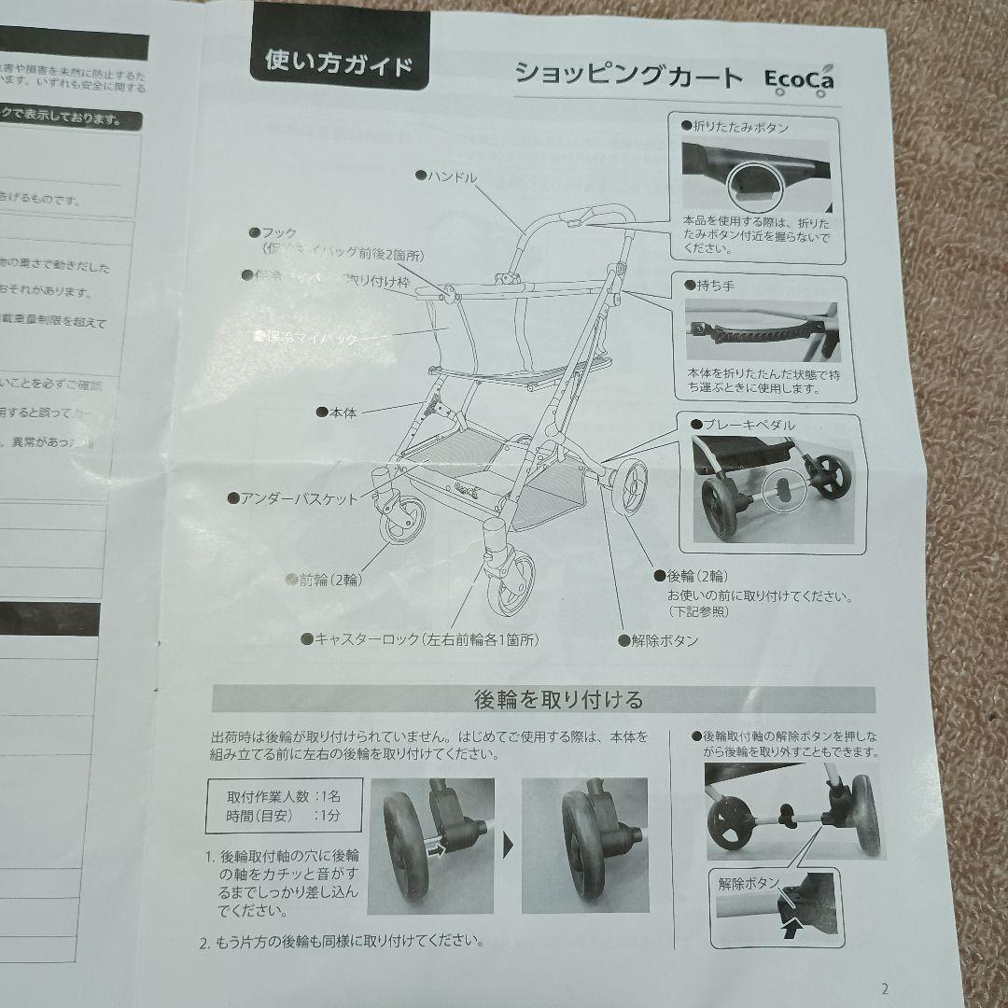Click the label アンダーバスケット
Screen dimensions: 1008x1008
299,499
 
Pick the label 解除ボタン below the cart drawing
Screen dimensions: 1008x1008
664,641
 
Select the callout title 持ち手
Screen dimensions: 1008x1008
714,285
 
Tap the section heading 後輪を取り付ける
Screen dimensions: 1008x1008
545,699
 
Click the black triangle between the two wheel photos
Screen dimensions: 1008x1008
509,846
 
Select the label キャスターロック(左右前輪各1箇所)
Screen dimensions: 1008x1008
426,640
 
